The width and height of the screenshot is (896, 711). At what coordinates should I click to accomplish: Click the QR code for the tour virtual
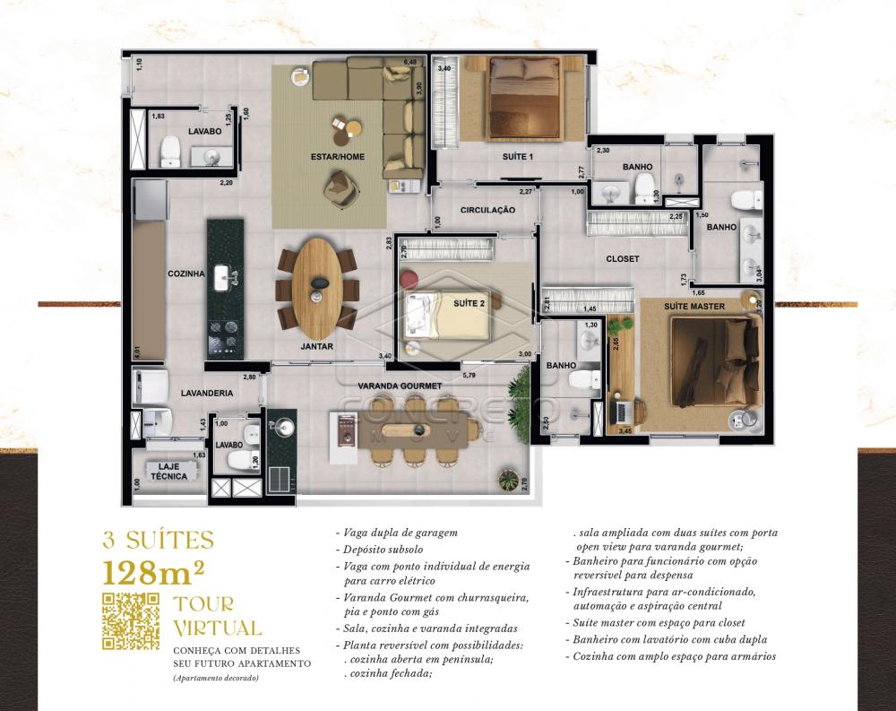click(131, 620)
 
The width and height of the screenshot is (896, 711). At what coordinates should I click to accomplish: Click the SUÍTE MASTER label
click(694, 307)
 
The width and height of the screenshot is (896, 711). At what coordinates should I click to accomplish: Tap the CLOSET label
click(622, 259)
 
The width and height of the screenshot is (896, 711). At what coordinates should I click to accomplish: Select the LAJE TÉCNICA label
click(168, 472)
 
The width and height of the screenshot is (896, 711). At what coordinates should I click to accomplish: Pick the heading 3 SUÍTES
click(159, 541)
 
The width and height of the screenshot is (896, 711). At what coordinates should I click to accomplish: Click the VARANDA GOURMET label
click(400, 386)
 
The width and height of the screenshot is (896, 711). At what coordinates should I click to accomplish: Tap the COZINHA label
click(186, 273)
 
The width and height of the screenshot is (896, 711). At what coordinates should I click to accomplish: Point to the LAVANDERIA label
click(206, 393)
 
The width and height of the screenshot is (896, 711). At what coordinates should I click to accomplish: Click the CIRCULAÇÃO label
click(487, 210)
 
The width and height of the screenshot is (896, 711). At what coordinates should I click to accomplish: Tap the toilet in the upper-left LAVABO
click(170, 155)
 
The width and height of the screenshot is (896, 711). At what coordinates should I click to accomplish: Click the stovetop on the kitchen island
click(225, 337)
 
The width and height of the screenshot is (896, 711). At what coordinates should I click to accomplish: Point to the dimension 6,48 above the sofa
click(410, 62)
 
